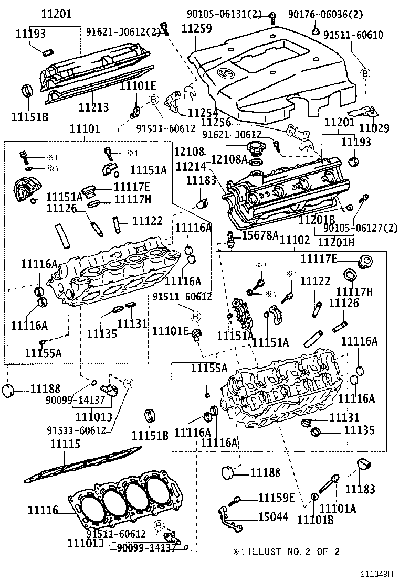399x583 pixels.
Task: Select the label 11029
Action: (374, 127)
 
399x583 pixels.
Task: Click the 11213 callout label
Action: (94, 107)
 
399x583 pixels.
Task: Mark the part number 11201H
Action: (337, 242)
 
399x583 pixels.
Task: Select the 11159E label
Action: (276, 498)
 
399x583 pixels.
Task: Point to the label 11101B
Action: (315, 520)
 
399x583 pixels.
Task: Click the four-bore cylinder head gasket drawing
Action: (129, 499)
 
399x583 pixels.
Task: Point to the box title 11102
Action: (295, 241)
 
